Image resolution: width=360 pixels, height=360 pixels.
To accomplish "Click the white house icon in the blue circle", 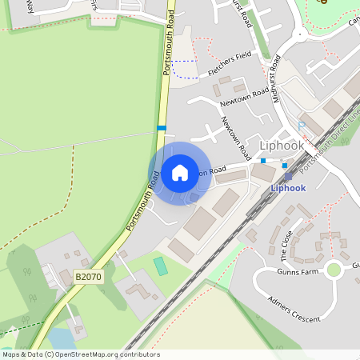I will point(180,172).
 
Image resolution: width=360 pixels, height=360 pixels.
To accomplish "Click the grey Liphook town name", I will point(282,146).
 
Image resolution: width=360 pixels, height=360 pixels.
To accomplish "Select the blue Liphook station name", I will point(288,188).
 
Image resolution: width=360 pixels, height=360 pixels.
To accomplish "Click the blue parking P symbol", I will point(302,125).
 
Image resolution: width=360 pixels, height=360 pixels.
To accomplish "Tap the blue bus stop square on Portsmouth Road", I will point(162,128).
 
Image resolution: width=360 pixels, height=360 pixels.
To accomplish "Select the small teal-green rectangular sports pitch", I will point(161,266).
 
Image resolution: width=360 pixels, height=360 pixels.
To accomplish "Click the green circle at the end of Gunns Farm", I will point(334,270).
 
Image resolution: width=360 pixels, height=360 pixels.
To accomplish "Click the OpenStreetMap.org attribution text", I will point(104,354).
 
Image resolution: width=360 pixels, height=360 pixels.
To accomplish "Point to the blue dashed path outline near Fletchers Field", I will point(183,68).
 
